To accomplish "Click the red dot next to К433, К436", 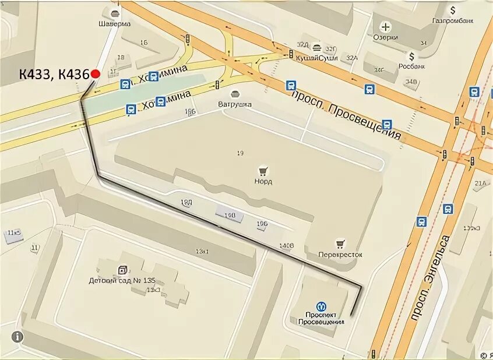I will pos(96,73).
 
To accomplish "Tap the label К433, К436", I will pos(53,74).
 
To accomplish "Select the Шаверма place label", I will pos(114,24).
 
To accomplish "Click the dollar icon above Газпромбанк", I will pos(452,10).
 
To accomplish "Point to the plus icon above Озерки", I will pos(385,26).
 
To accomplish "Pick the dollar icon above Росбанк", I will pos(412,56).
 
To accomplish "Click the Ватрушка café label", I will pos(235,104).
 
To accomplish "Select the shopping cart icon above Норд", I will pos(263,171).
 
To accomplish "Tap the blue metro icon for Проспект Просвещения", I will pos(321,306).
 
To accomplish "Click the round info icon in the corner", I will pos(17,336).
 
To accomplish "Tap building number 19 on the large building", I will pos(240,153).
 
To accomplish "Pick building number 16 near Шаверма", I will pos(144,42).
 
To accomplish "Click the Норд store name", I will pos(263,181).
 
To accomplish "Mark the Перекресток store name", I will pos(340,255).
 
